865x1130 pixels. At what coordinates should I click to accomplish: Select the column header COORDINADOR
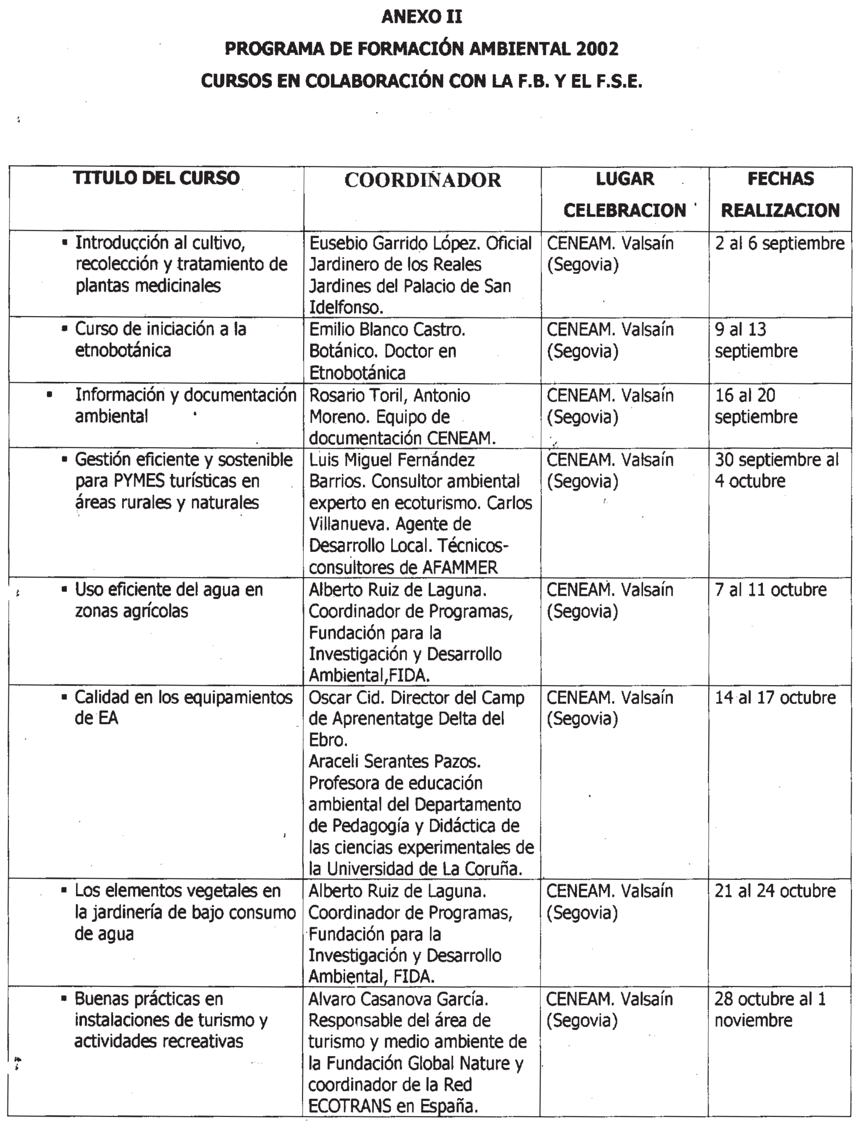point(422,180)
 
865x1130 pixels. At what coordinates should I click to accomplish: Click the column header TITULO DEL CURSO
point(156,178)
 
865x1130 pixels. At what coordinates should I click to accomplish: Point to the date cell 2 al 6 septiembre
point(779,243)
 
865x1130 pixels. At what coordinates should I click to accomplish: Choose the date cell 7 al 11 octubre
point(770,589)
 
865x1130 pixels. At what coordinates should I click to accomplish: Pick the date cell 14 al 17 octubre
point(775,698)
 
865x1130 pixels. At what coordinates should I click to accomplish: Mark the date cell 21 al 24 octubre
point(775,891)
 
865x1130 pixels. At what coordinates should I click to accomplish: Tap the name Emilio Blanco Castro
point(387,330)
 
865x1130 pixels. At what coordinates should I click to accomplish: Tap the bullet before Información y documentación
point(50,395)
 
